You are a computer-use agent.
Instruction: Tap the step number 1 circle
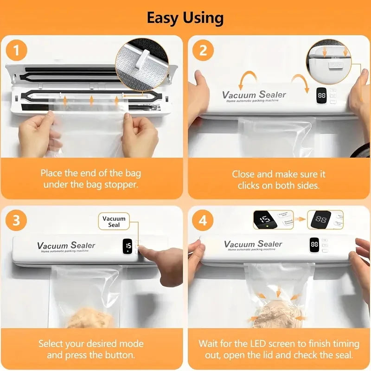pyautogui.click(x=17, y=50)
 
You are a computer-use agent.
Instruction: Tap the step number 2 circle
pyautogui.click(x=203, y=50)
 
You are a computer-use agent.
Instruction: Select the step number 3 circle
pyautogui.click(x=17, y=220)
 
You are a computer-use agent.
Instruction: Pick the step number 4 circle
pyautogui.click(x=203, y=220)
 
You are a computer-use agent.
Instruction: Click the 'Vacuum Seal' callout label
pyautogui.click(x=114, y=222)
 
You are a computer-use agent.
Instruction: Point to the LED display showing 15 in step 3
pyautogui.click(x=128, y=246)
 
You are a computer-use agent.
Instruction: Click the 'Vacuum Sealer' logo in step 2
pyautogui.click(x=254, y=95)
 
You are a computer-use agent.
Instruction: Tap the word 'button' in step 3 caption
pyautogui.click(x=120, y=355)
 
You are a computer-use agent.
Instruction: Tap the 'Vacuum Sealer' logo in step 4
pyautogui.click(x=253, y=244)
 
